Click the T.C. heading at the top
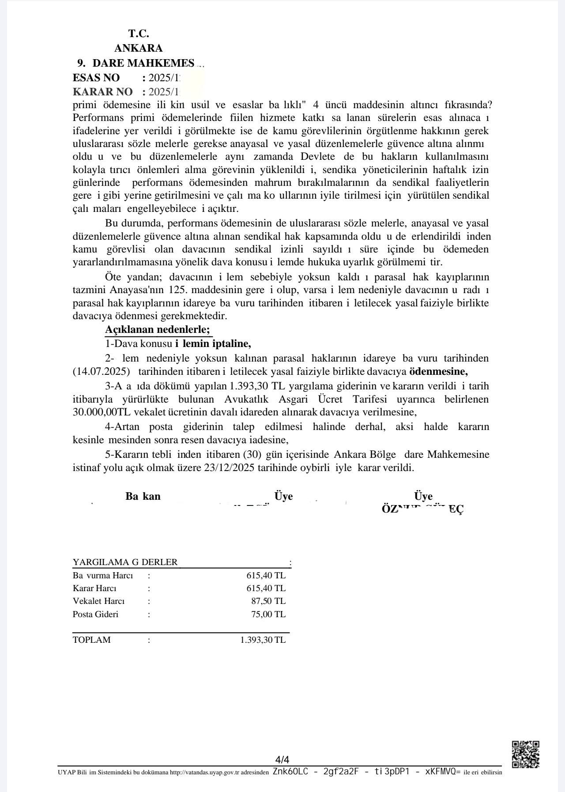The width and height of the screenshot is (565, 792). tap(139, 34)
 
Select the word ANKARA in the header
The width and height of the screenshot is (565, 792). tap(138, 48)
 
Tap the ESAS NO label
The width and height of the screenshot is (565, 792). tap(96, 78)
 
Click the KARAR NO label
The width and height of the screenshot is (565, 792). tap(102, 92)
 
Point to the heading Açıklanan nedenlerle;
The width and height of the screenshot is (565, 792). tap(158, 329)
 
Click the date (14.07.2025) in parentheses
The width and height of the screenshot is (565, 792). tap(101, 371)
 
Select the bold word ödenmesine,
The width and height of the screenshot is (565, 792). tap(438, 371)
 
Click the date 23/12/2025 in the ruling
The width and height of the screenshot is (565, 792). tap(229, 468)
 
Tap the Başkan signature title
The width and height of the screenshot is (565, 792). tap(143, 496)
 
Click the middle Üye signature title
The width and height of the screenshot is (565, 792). tap(283, 496)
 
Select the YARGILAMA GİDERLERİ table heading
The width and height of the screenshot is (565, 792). tap(125, 562)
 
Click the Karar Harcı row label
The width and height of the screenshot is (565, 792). tap(94, 588)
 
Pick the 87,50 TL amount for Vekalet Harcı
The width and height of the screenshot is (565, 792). tap(268, 601)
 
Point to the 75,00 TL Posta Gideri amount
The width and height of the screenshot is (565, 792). tap(268, 614)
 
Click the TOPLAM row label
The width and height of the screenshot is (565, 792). tap(92, 640)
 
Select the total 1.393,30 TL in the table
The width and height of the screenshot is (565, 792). tap(263, 640)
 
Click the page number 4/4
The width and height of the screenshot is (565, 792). tap(282, 760)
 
